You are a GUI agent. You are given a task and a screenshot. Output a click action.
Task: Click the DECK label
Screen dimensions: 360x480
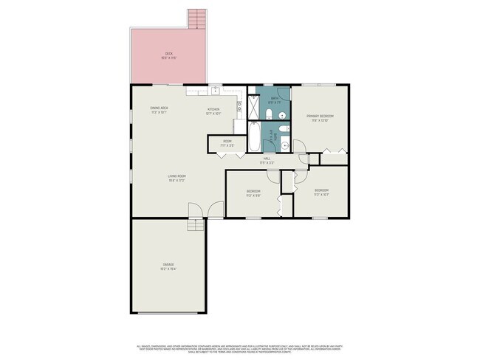(x=168, y=54)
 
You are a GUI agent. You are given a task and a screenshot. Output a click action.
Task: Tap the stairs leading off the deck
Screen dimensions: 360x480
(x=195, y=18)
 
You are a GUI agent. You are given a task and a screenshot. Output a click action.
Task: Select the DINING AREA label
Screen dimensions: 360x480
(x=160, y=108)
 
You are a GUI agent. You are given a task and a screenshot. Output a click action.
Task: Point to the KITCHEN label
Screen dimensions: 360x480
(x=213, y=110)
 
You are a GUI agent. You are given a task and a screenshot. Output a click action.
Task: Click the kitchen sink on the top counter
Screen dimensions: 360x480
(x=214, y=91)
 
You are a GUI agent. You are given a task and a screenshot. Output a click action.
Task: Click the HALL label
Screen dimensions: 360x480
(x=267, y=158)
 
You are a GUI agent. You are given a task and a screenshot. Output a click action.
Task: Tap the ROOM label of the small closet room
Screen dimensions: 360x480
(x=227, y=141)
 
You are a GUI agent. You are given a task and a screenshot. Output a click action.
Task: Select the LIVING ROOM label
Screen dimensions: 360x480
(x=176, y=176)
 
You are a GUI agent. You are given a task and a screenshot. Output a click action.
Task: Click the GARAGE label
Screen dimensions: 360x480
(x=168, y=264)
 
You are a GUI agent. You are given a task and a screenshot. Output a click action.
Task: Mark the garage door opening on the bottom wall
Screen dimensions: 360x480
(x=168, y=313)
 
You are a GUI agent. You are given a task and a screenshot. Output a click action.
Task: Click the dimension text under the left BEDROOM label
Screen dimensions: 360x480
(x=253, y=195)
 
